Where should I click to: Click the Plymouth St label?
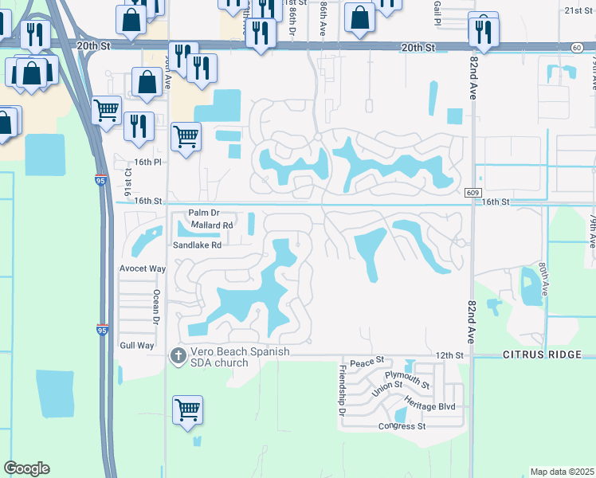point(407,379)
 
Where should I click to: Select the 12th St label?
point(449,355)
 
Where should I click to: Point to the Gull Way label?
point(136,345)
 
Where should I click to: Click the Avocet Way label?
point(142,268)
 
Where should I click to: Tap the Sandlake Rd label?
point(197,245)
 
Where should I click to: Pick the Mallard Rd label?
point(212,225)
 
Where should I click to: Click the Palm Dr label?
point(203,214)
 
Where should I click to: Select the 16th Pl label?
point(147,161)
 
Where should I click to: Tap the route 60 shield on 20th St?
point(577,48)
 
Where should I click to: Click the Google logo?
point(26,468)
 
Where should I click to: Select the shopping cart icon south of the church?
point(187,409)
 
